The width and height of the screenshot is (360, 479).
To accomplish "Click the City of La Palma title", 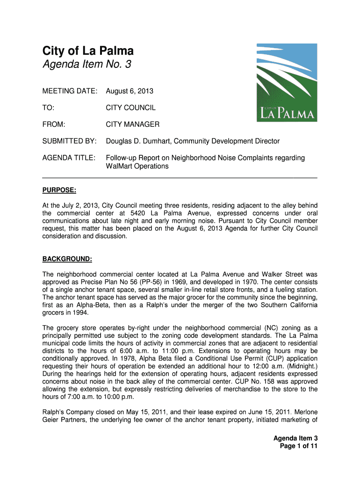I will click(88, 51).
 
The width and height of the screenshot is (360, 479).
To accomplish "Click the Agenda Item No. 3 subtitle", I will click(87, 65).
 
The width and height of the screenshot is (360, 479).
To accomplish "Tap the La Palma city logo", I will click(287, 83).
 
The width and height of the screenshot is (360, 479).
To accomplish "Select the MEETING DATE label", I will click(70, 91).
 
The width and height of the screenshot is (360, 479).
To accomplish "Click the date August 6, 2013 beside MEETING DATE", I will click(130, 91).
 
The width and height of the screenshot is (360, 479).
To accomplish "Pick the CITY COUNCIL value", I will click(130, 108).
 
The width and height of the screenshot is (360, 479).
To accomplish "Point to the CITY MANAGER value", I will click(132, 124).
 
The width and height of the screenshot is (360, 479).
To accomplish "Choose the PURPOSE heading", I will click(59, 190).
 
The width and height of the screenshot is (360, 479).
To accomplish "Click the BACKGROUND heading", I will click(67, 259).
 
